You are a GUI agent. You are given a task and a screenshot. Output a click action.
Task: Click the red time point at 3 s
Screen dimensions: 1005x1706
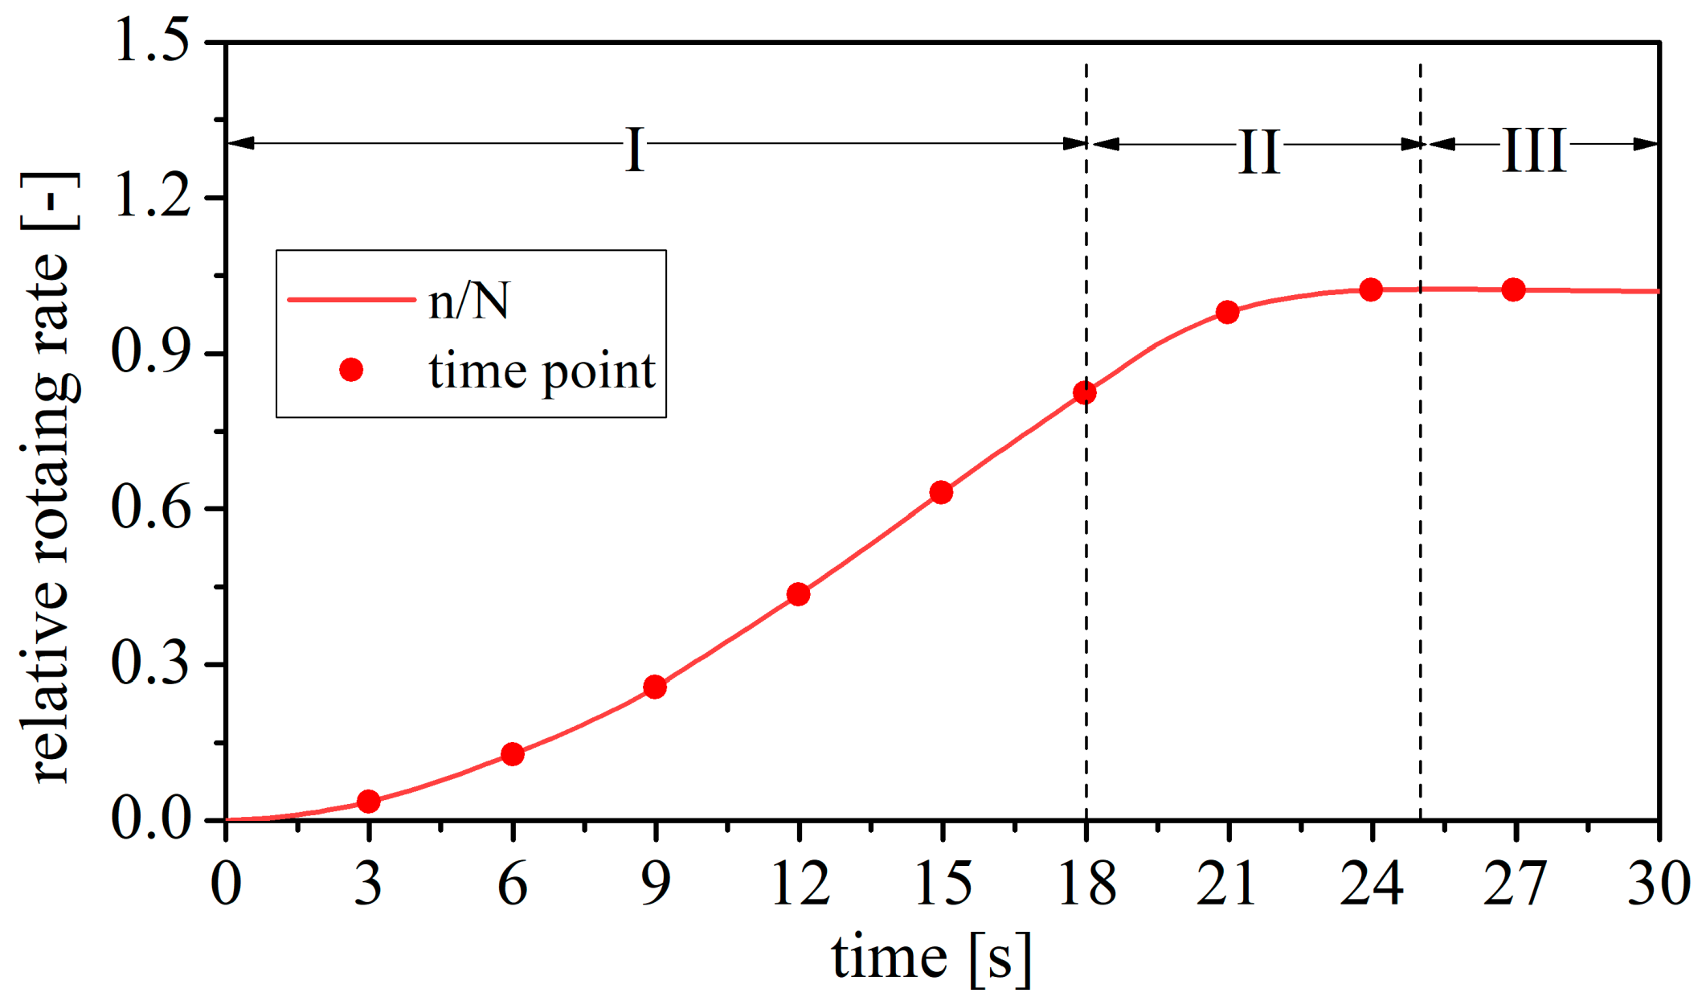click(368, 801)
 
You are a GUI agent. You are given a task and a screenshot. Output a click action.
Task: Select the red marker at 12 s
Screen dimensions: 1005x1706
click(798, 594)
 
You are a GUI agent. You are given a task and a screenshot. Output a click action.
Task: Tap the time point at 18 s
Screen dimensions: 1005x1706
click(1084, 392)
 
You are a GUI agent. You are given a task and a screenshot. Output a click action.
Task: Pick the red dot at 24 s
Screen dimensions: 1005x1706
click(1371, 289)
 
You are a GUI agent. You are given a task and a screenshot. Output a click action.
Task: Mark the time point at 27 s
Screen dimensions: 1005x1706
click(1513, 289)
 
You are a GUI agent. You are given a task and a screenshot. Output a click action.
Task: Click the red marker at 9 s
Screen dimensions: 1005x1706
click(655, 687)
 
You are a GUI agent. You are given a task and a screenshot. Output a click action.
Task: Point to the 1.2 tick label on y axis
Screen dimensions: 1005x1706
click(151, 196)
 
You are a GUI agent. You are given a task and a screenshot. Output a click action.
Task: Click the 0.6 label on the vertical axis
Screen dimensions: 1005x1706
click(151, 508)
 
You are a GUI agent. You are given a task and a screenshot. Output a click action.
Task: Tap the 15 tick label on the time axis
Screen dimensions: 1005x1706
click(943, 884)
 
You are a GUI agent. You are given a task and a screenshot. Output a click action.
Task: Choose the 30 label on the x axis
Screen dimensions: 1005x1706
click(1659, 884)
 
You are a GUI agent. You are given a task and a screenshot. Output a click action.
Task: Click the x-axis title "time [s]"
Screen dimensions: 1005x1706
click(931, 958)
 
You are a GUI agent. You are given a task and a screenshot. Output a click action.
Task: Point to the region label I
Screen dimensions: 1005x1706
click(635, 150)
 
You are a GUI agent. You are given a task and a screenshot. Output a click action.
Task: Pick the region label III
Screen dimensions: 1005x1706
click(1534, 150)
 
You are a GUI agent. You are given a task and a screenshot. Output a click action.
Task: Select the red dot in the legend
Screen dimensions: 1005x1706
click(351, 370)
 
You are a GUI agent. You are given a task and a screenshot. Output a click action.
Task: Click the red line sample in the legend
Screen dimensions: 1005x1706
click(351, 300)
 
